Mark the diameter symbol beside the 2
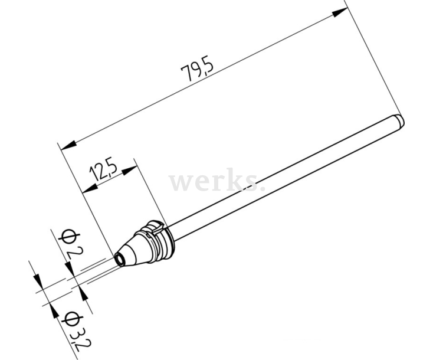click(x=68, y=238)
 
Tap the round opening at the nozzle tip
click(x=120, y=259)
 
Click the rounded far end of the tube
click(x=401, y=121)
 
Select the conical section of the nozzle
click(x=133, y=248)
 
